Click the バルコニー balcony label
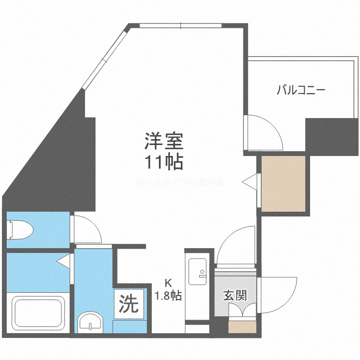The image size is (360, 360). click(x=301, y=90)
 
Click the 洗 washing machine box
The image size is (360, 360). click(x=128, y=303)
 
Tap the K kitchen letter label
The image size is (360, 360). click(x=168, y=283)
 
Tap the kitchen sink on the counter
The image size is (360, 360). click(x=197, y=271)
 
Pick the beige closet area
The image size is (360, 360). click(x=283, y=183)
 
